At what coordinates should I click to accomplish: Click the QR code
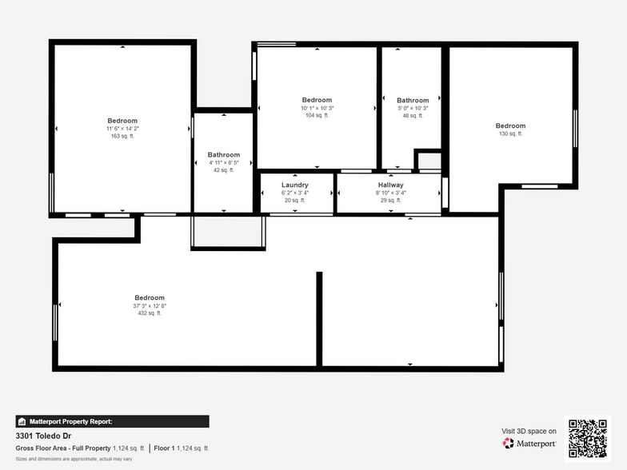click(x=587, y=438)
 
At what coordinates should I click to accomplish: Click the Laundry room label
click(x=294, y=185)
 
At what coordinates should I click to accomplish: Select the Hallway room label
click(x=390, y=185)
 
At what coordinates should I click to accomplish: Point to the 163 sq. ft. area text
click(x=122, y=136)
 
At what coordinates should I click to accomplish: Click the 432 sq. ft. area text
click(x=150, y=313)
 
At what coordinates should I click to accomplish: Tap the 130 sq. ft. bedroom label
click(x=510, y=125)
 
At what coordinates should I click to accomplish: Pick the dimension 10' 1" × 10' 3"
click(x=317, y=108)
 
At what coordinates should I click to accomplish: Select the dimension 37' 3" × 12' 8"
click(x=150, y=305)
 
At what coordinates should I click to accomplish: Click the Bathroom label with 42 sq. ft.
click(x=223, y=154)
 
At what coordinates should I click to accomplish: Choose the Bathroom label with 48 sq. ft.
click(x=413, y=101)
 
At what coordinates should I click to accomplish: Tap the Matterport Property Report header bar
click(x=112, y=421)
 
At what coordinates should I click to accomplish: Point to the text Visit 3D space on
click(x=529, y=431)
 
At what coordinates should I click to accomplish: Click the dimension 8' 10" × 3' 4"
click(x=390, y=193)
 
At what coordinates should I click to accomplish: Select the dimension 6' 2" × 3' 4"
click(x=294, y=193)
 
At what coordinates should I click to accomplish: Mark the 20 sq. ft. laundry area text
click(x=294, y=200)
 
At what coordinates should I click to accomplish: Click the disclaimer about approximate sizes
click(x=74, y=459)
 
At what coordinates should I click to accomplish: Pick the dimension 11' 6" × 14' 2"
click(x=122, y=129)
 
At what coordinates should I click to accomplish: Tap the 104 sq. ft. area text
click(x=317, y=116)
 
